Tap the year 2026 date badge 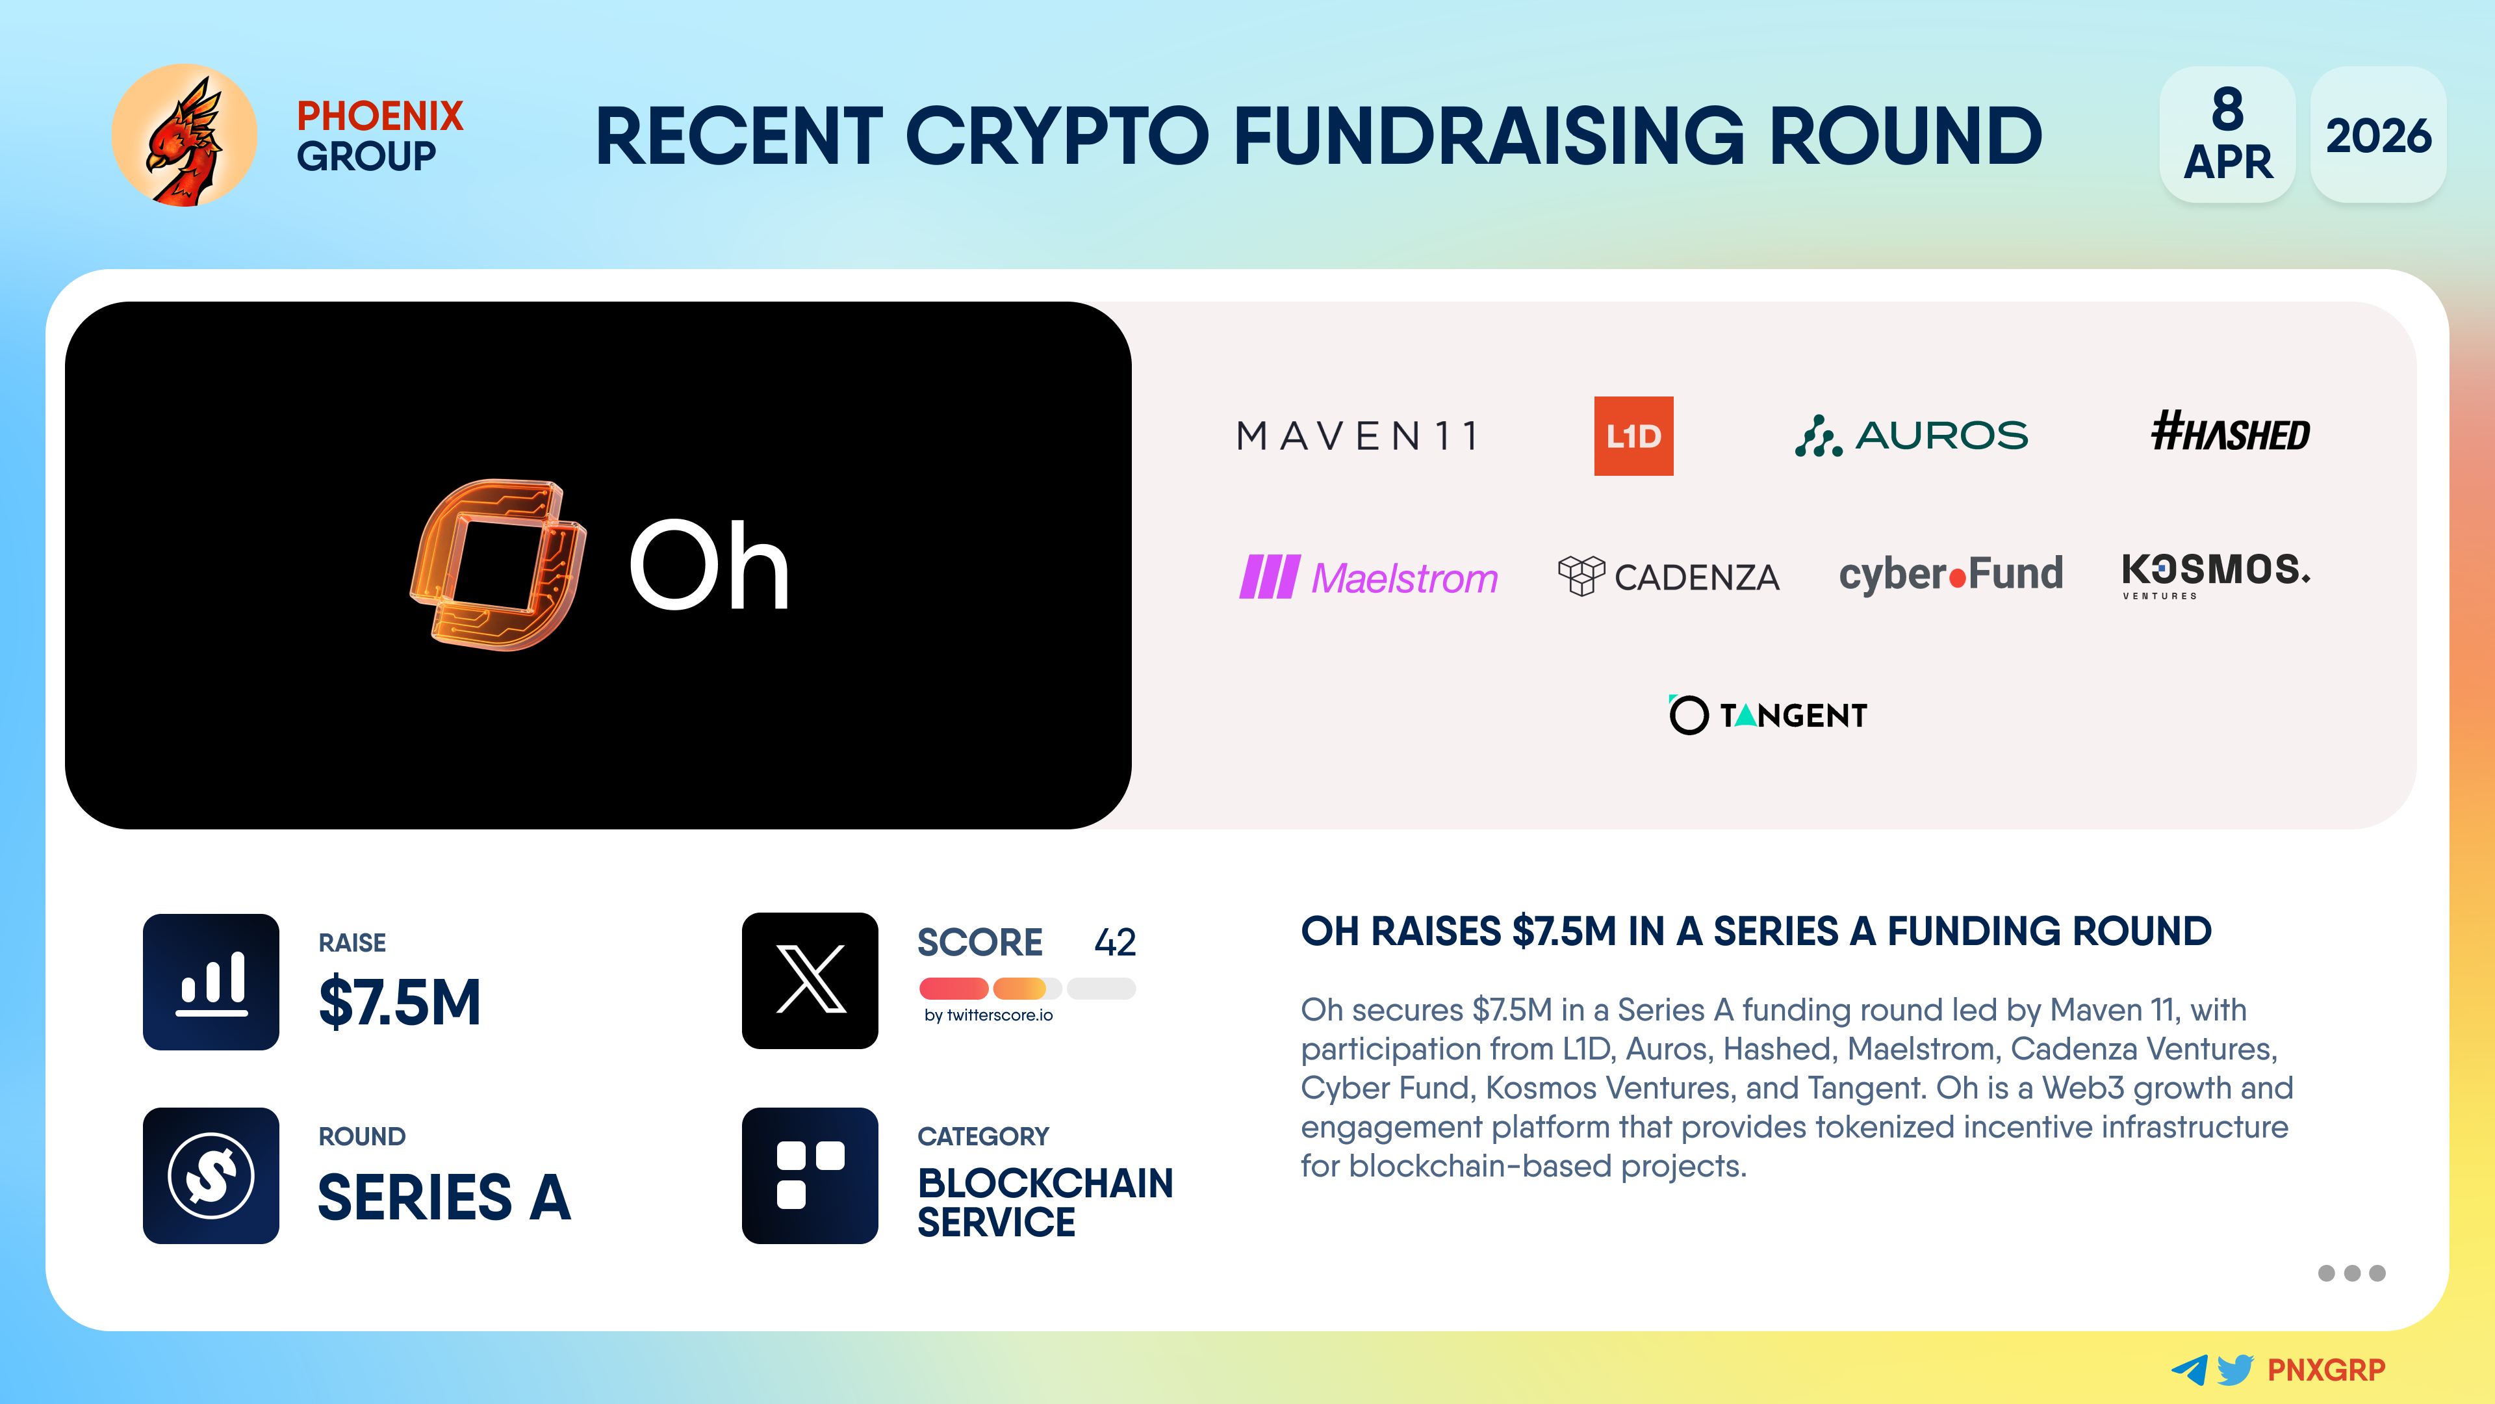click(2378, 135)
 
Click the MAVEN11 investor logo click(1358, 436)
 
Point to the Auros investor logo click(1911, 436)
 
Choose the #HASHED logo click(2230, 432)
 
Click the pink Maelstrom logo click(1368, 577)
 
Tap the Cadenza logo click(1668, 577)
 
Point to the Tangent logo click(1767, 715)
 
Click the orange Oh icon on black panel click(498, 565)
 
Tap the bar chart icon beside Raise click(211, 981)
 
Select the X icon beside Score click(810, 981)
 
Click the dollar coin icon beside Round click(211, 1175)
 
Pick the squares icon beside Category click(810, 1175)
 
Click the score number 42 click(1115, 942)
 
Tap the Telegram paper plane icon click(2190, 1369)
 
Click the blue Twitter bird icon click(2235, 1369)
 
